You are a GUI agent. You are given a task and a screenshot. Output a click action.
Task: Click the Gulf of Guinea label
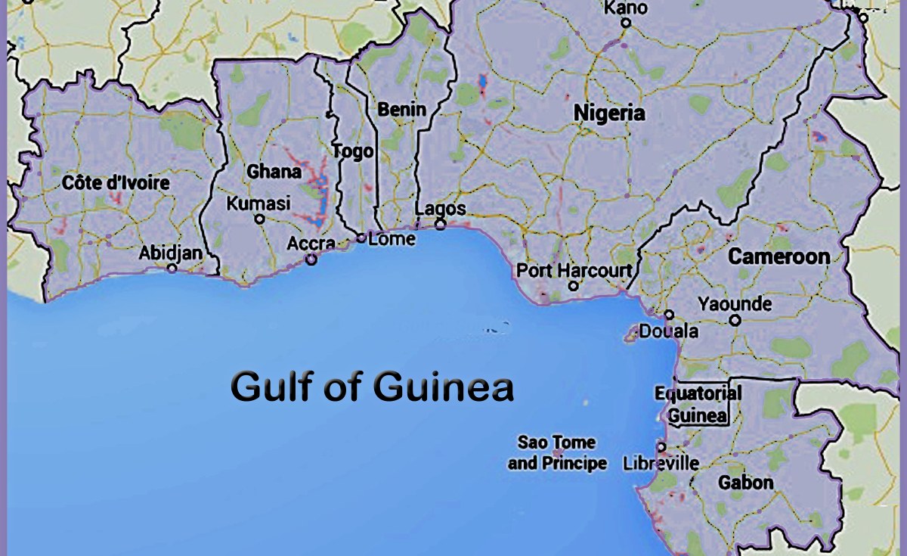pos(372,387)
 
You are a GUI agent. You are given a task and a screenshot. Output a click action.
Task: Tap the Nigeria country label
pos(609,113)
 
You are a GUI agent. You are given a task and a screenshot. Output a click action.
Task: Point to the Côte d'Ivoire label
pos(116,182)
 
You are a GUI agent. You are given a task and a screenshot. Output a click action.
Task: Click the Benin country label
pos(402,110)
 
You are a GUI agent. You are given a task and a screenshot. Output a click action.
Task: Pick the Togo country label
pos(353,151)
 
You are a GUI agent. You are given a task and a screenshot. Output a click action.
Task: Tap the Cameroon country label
pos(779,256)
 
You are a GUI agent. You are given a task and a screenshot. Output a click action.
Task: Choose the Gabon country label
pos(745,482)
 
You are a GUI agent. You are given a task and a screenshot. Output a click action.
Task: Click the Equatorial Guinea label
pos(698,405)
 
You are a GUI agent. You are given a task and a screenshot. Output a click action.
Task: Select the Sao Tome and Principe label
pos(557,452)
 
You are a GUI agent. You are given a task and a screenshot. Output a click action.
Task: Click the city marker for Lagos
pos(440,224)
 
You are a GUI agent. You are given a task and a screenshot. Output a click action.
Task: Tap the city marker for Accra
pos(311,259)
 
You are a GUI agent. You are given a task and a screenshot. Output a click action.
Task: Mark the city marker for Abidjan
pos(172,268)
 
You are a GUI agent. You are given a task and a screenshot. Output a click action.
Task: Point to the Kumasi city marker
pos(259,219)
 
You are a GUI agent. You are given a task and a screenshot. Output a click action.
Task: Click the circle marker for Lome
pos(361,238)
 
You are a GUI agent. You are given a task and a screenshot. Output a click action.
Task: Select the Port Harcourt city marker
pos(573,286)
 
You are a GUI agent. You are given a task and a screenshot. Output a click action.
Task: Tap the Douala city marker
pos(669,315)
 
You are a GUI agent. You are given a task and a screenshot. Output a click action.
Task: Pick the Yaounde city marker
pos(735,320)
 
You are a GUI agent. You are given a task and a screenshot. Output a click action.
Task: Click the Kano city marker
pos(626,23)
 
